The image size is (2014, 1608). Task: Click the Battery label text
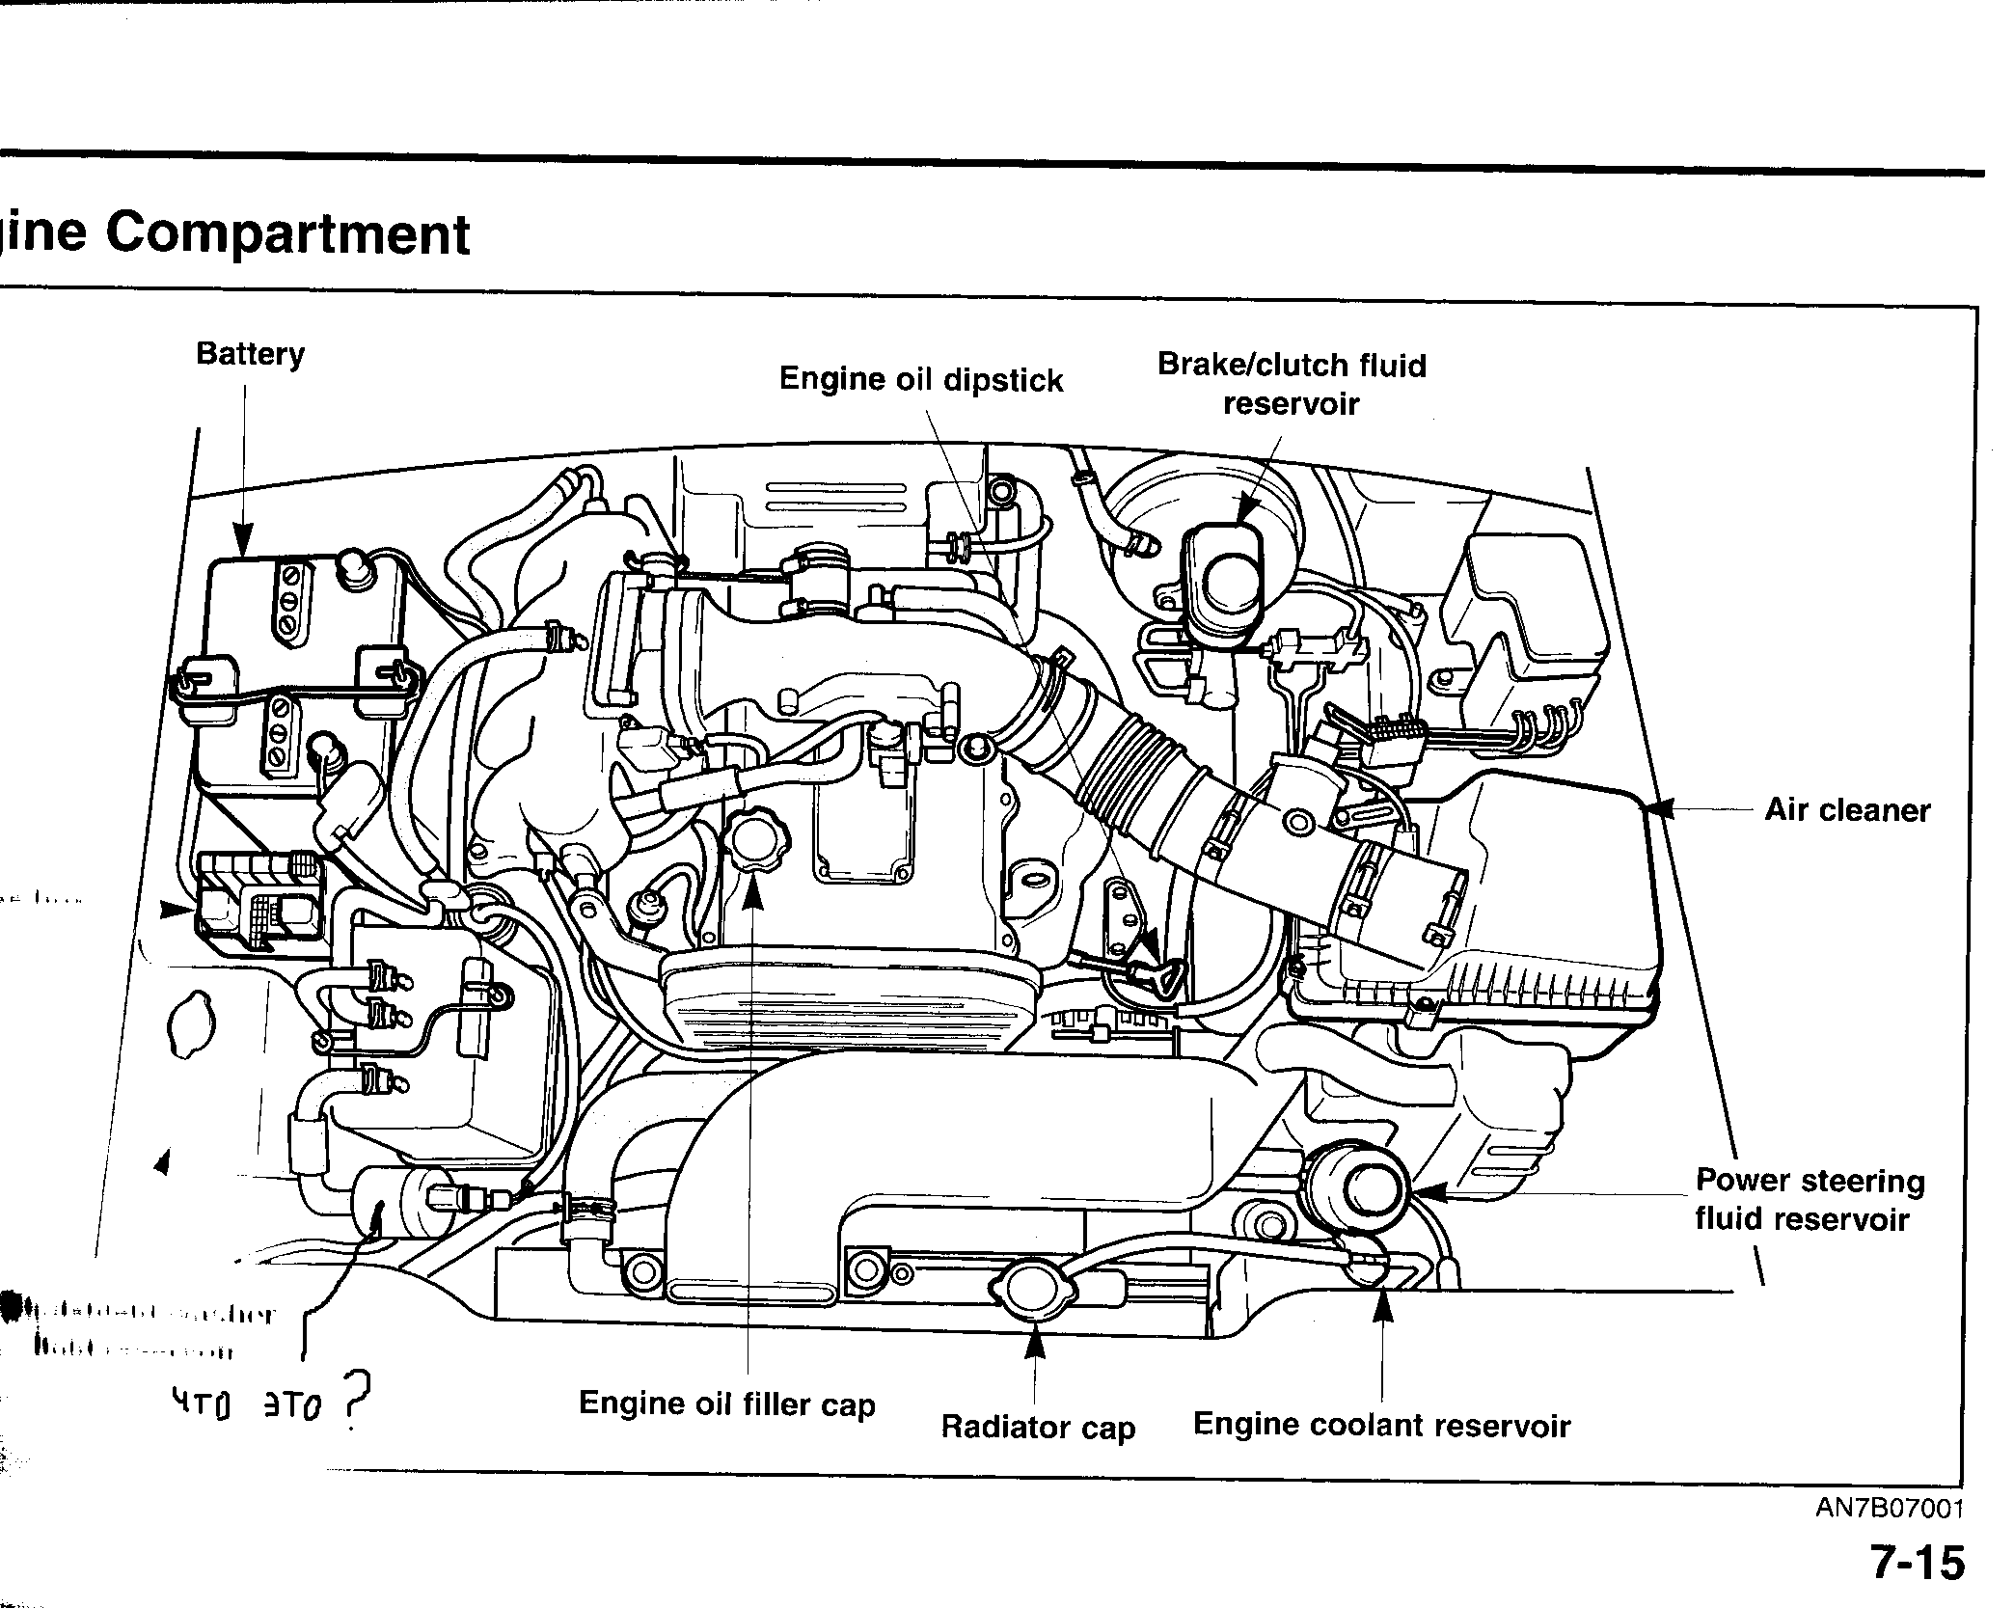click(x=250, y=354)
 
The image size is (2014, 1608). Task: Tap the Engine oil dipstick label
click(x=920, y=379)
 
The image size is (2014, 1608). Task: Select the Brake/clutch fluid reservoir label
click(x=1291, y=384)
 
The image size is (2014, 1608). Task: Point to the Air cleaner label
click(x=1847, y=809)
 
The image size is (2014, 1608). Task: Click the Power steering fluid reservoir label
click(x=1809, y=1199)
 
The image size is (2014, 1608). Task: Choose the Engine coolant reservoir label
click(x=1381, y=1425)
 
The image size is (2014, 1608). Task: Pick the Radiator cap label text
click(x=1038, y=1427)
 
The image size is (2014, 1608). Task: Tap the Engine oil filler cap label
click(x=726, y=1404)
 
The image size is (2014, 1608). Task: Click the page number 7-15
click(x=1917, y=1563)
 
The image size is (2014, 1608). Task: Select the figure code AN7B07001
click(x=1890, y=1508)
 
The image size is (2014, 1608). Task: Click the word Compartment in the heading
click(x=287, y=234)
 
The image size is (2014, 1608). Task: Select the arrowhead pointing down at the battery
click(x=243, y=540)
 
